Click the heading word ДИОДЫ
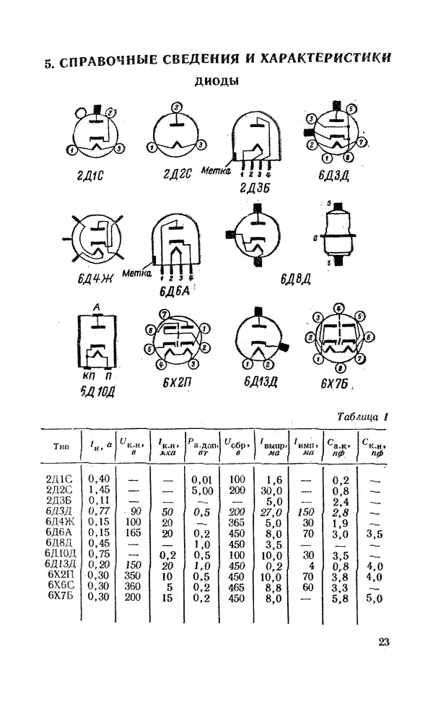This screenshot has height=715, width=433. click(217, 82)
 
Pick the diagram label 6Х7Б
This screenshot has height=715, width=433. click(337, 383)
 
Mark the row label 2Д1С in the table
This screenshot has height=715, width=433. click(61, 478)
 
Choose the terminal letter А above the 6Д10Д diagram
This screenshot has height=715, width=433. click(96, 306)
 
